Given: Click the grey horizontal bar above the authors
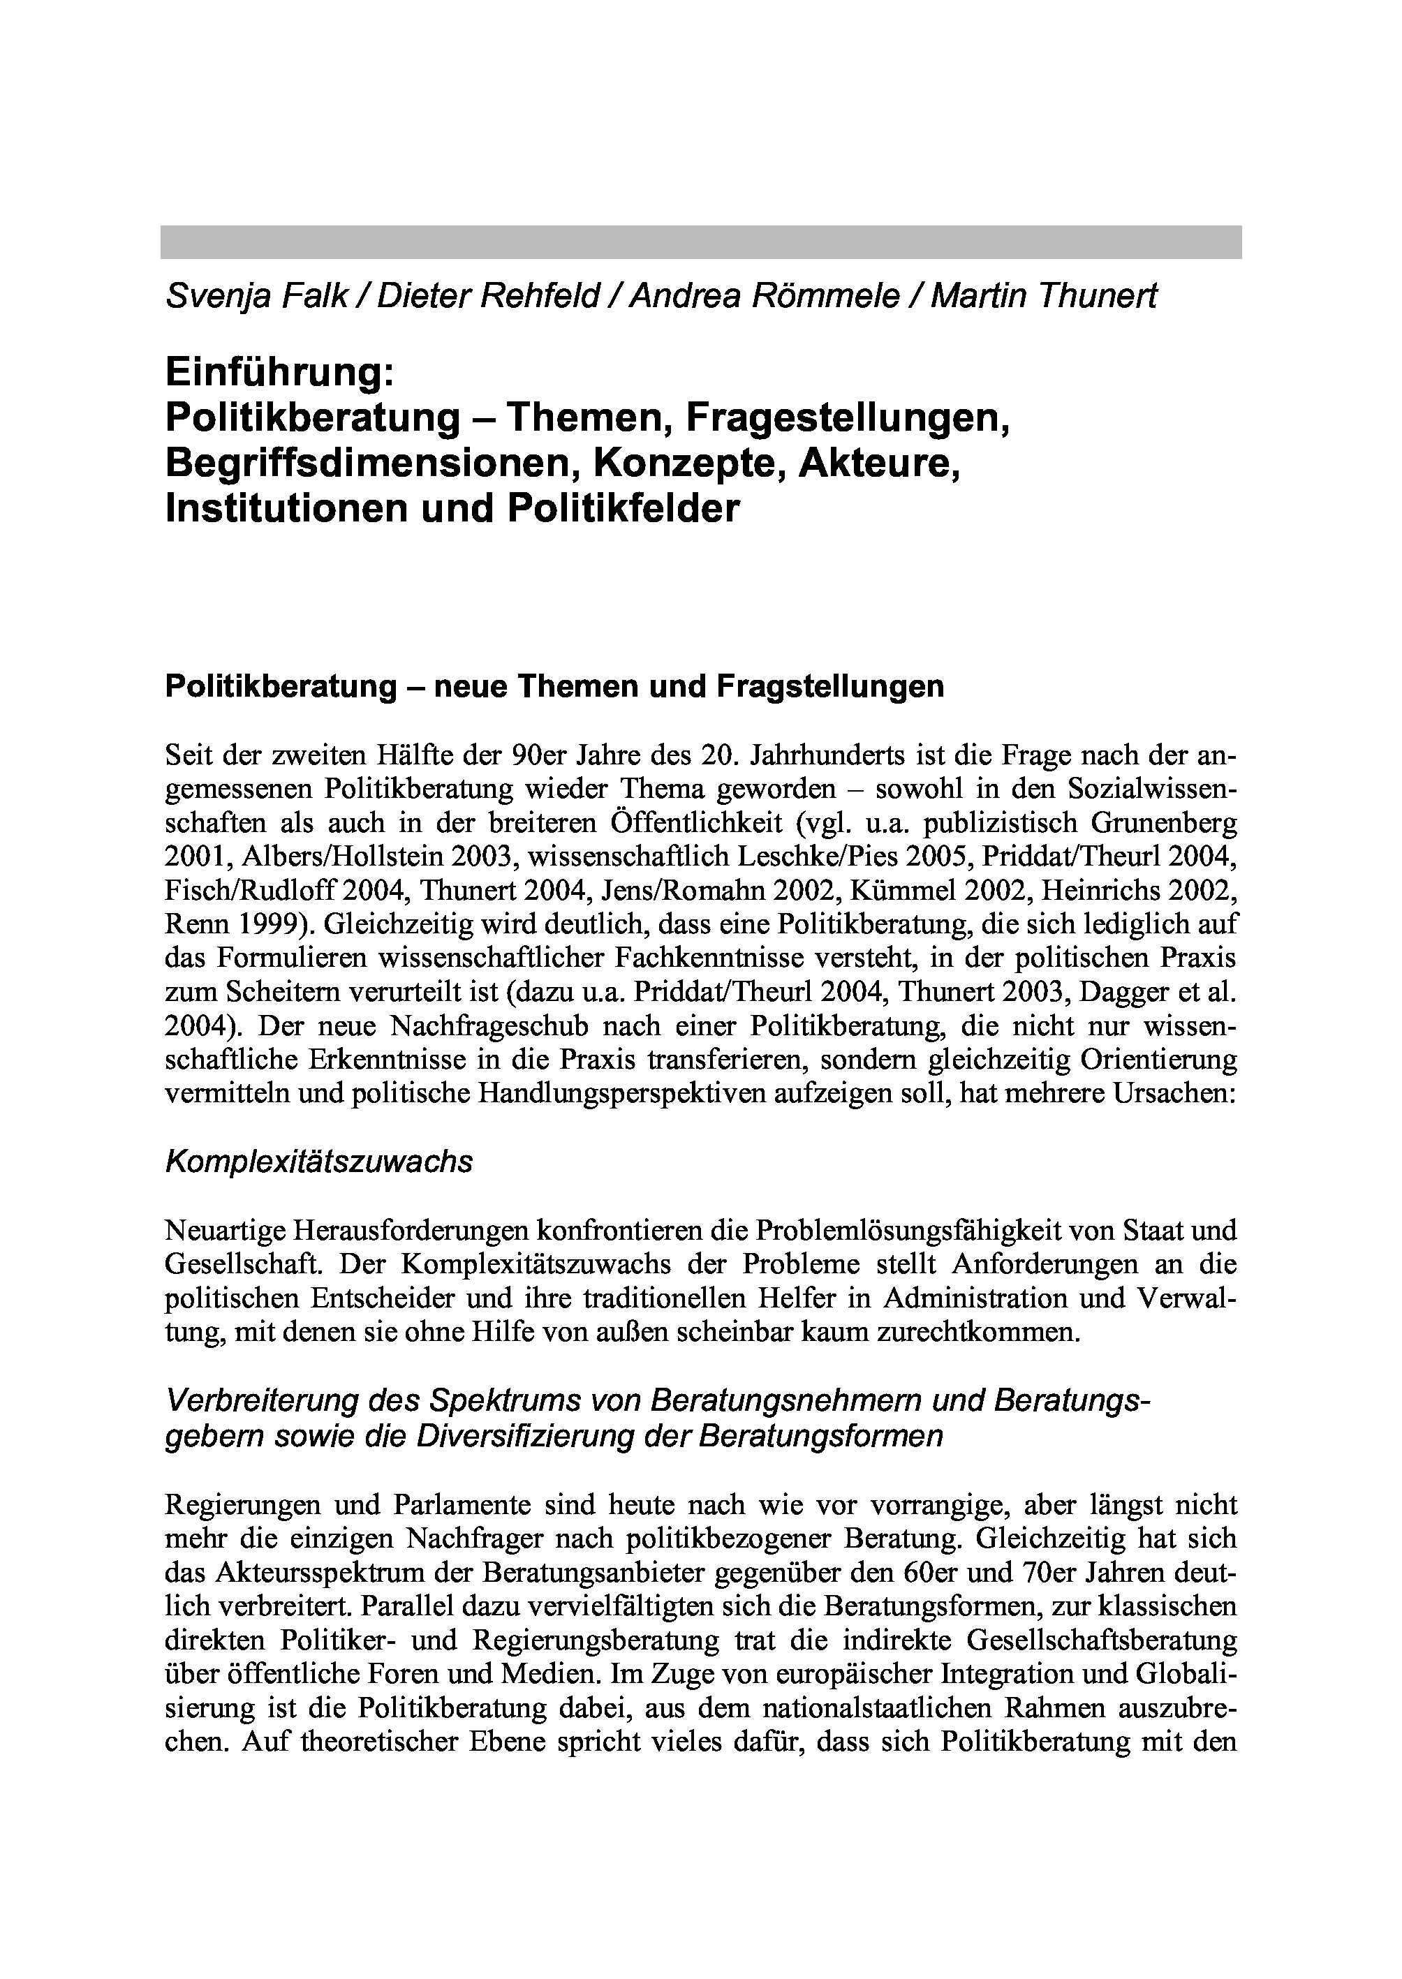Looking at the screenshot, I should [x=700, y=242].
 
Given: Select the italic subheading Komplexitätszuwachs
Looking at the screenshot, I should [x=318, y=1162].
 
